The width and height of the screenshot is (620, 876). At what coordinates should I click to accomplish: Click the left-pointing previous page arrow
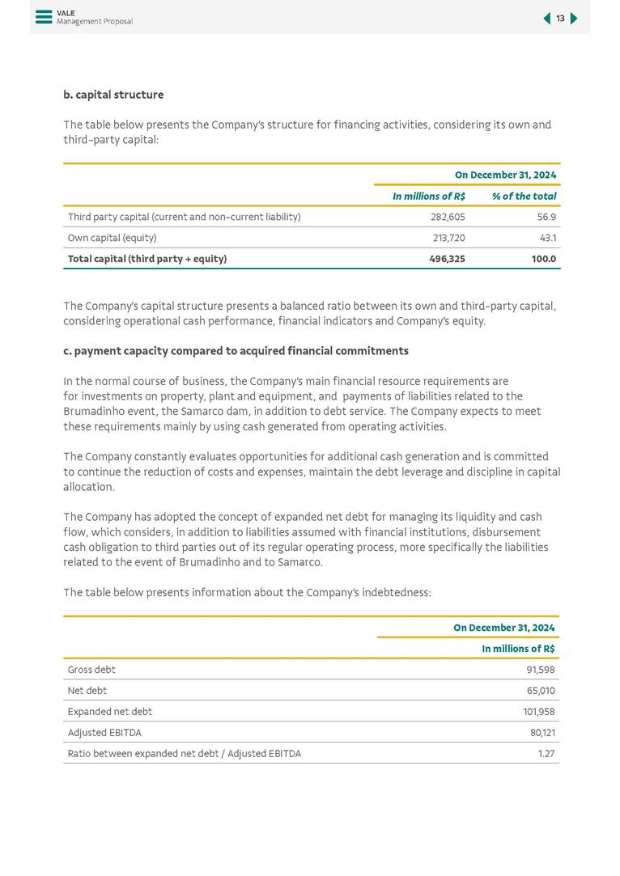click(x=546, y=19)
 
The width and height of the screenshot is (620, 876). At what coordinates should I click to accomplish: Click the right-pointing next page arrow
click(x=574, y=19)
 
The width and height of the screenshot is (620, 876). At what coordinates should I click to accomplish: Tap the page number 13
click(x=560, y=19)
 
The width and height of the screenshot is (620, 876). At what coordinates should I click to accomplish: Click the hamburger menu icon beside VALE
click(x=44, y=17)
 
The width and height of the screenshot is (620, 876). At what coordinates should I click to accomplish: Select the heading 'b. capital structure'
click(x=113, y=95)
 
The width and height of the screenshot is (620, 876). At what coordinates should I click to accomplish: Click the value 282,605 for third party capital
click(x=448, y=217)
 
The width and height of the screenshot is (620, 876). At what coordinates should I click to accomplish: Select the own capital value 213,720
click(x=448, y=238)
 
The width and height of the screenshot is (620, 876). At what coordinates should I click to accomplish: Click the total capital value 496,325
click(x=446, y=259)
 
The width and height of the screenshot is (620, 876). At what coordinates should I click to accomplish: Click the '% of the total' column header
click(x=524, y=196)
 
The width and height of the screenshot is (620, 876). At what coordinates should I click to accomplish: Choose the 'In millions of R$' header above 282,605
click(x=428, y=196)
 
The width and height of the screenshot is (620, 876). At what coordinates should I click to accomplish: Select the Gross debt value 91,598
click(x=540, y=670)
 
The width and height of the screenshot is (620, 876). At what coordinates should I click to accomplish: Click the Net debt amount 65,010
click(x=540, y=691)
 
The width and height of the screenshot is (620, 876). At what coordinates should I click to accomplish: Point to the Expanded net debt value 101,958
click(x=538, y=712)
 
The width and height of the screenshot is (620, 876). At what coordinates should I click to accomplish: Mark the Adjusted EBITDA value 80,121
click(x=540, y=733)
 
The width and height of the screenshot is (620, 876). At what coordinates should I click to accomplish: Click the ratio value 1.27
click(x=546, y=754)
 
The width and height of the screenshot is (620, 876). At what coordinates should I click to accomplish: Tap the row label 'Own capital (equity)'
click(x=112, y=238)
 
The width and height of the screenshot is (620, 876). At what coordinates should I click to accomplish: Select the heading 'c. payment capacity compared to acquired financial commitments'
click(x=236, y=351)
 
